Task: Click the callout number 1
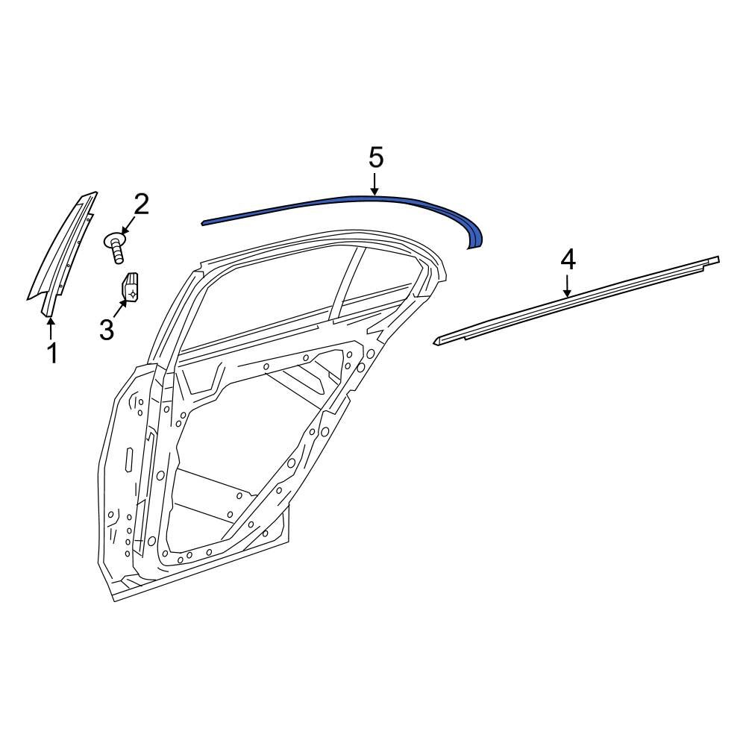point(52,353)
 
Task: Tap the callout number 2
point(141,203)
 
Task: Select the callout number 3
point(107,329)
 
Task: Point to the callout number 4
point(568,260)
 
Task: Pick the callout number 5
point(375,157)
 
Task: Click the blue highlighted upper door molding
point(336,203)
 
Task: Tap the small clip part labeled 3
point(132,287)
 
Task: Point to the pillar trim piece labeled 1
point(63,254)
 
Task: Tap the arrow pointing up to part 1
point(51,328)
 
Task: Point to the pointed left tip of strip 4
point(436,341)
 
